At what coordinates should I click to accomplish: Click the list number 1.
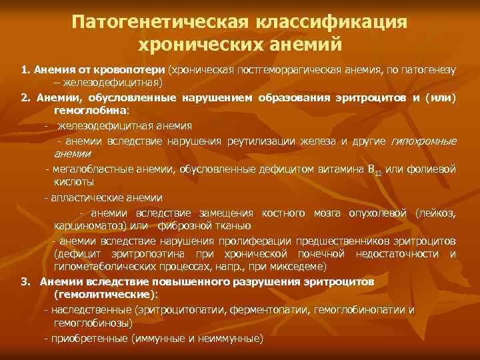pos(24,70)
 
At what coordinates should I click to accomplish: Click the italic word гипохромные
pos(423,139)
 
